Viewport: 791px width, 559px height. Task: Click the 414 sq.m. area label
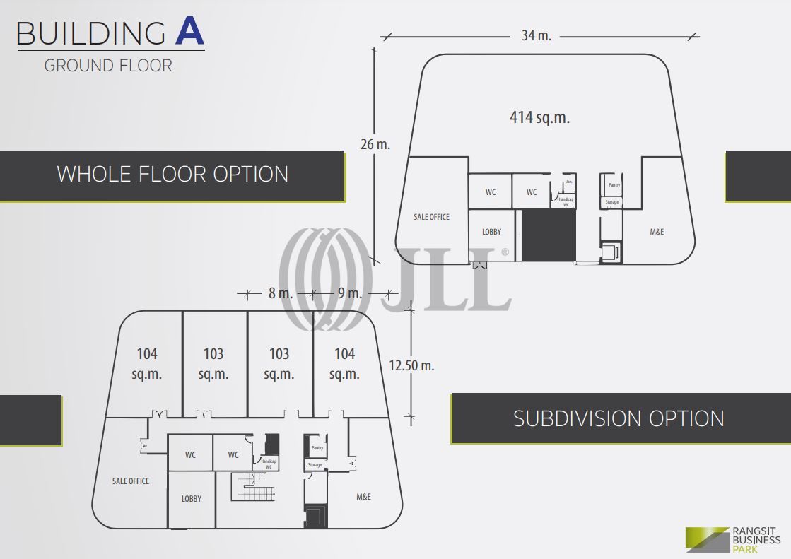(x=539, y=117)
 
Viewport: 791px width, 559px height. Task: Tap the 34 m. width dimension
(x=536, y=35)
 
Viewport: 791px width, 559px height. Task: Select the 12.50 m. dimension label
(x=411, y=365)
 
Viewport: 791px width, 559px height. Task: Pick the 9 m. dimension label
(x=349, y=293)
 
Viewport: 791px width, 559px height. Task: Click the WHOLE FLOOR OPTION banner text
(x=172, y=174)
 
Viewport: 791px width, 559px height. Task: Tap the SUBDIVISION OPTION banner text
(x=619, y=418)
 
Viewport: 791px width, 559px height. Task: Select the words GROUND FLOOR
(x=108, y=66)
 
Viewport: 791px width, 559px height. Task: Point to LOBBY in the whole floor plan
(x=491, y=232)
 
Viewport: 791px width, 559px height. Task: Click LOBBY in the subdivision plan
(x=192, y=498)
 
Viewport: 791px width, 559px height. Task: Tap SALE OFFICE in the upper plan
(x=431, y=217)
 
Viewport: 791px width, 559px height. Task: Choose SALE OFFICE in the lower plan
(x=131, y=481)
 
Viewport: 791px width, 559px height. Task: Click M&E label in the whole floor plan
(x=657, y=232)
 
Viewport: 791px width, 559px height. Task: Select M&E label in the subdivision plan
(x=363, y=497)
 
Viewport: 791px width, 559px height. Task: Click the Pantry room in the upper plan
(x=611, y=184)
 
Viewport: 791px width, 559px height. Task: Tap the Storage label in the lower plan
(x=315, y=465)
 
